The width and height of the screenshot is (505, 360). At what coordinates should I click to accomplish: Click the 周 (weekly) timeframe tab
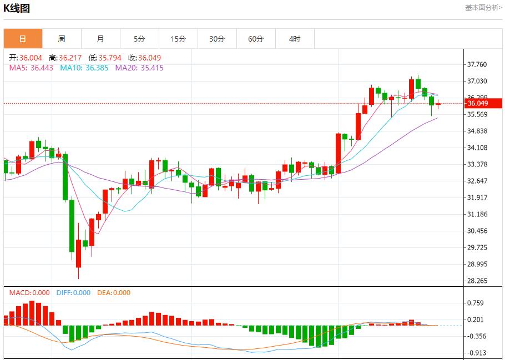[62, 39]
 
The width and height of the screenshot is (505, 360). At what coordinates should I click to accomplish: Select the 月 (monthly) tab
[100, 39]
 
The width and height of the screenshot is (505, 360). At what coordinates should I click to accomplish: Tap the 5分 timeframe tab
[139, 39]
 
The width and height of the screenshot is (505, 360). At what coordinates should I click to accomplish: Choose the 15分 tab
[178, 39]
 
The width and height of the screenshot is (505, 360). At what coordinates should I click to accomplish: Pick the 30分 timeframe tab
[217, 39]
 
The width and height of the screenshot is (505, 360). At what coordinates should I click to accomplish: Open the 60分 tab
[256, 39]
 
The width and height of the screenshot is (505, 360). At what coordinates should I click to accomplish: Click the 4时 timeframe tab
[295, 39]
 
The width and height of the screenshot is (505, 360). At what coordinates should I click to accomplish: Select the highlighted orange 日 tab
[23, 39]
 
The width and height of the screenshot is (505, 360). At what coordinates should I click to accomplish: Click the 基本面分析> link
[483, 8]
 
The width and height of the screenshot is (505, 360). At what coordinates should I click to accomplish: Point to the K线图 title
[17, 8]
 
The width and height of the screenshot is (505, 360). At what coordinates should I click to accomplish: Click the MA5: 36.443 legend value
[31, 68]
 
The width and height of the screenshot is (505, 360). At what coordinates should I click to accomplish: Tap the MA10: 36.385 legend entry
[84, 68]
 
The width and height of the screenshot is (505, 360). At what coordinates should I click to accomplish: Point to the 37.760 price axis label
[477, 64]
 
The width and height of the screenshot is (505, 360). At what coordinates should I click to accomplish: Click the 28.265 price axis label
[477, 281]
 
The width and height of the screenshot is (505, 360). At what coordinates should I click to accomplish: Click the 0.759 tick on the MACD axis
[476, 303]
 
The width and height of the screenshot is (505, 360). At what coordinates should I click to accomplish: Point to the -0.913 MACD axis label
[476, 353]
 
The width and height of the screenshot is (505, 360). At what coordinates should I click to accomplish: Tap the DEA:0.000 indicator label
[114, 293]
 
